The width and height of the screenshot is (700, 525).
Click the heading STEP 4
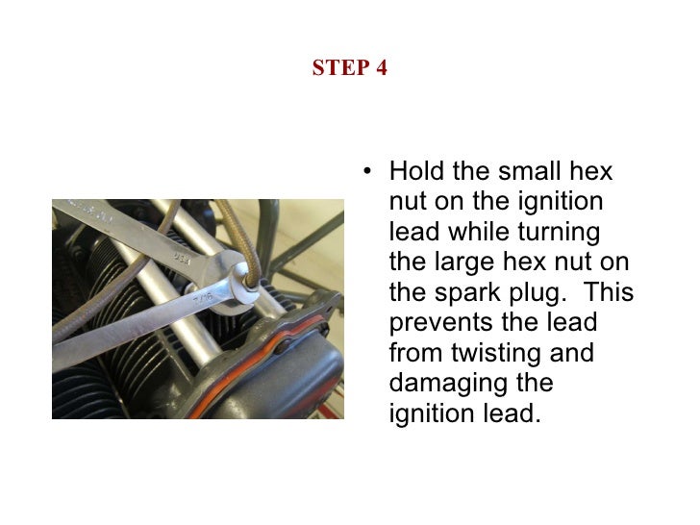(x=350, y=69)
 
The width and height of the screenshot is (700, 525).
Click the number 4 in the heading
(x=381, y=69)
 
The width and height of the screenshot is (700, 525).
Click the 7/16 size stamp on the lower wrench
(x=202, y=300)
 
